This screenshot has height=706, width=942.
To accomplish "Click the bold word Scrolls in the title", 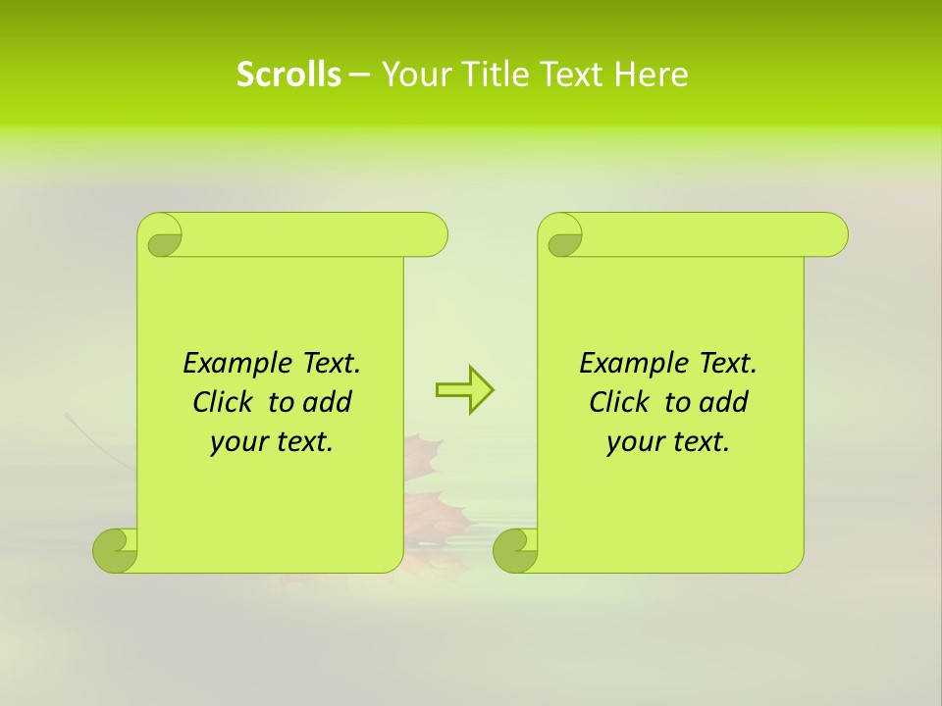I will (x=288, y=75).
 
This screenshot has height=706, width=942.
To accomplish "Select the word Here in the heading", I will (x=651, y=75).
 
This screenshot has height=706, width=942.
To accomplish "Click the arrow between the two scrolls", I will (x=464, y=390).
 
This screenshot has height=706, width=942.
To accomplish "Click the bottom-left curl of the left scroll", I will (x=116, y=550).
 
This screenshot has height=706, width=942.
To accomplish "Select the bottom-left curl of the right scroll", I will (x=516, y=550).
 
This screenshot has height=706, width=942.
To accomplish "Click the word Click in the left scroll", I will (x=224, y=402).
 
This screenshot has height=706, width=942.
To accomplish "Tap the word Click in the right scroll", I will (x=619, y=402).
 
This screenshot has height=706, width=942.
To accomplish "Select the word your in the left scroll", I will (x=239, y=442).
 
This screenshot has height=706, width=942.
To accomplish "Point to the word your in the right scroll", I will (x=636, y=442).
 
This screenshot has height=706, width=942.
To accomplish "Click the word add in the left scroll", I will (x=328, y=402).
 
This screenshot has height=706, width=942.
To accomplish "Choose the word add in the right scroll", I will (x=724, y=402).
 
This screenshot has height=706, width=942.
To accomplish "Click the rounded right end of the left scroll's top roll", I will (x=432, y=234).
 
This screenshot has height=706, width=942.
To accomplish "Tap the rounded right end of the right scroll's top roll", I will (x=832, y=234).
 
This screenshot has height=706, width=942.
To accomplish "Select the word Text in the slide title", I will (x=572, y=75).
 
